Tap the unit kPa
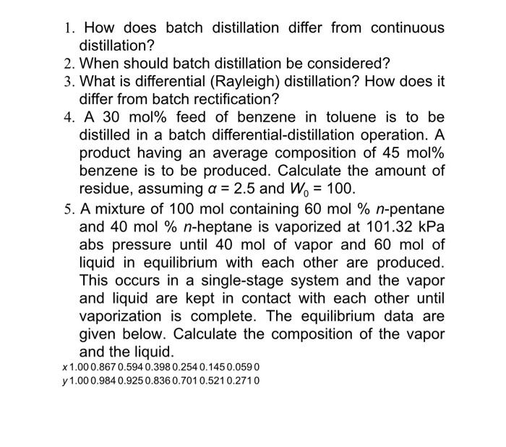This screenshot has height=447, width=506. (428, 226)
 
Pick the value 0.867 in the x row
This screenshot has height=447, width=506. (105, 367)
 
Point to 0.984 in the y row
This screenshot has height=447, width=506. (105, 380)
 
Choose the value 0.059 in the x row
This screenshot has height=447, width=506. (239, 367)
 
